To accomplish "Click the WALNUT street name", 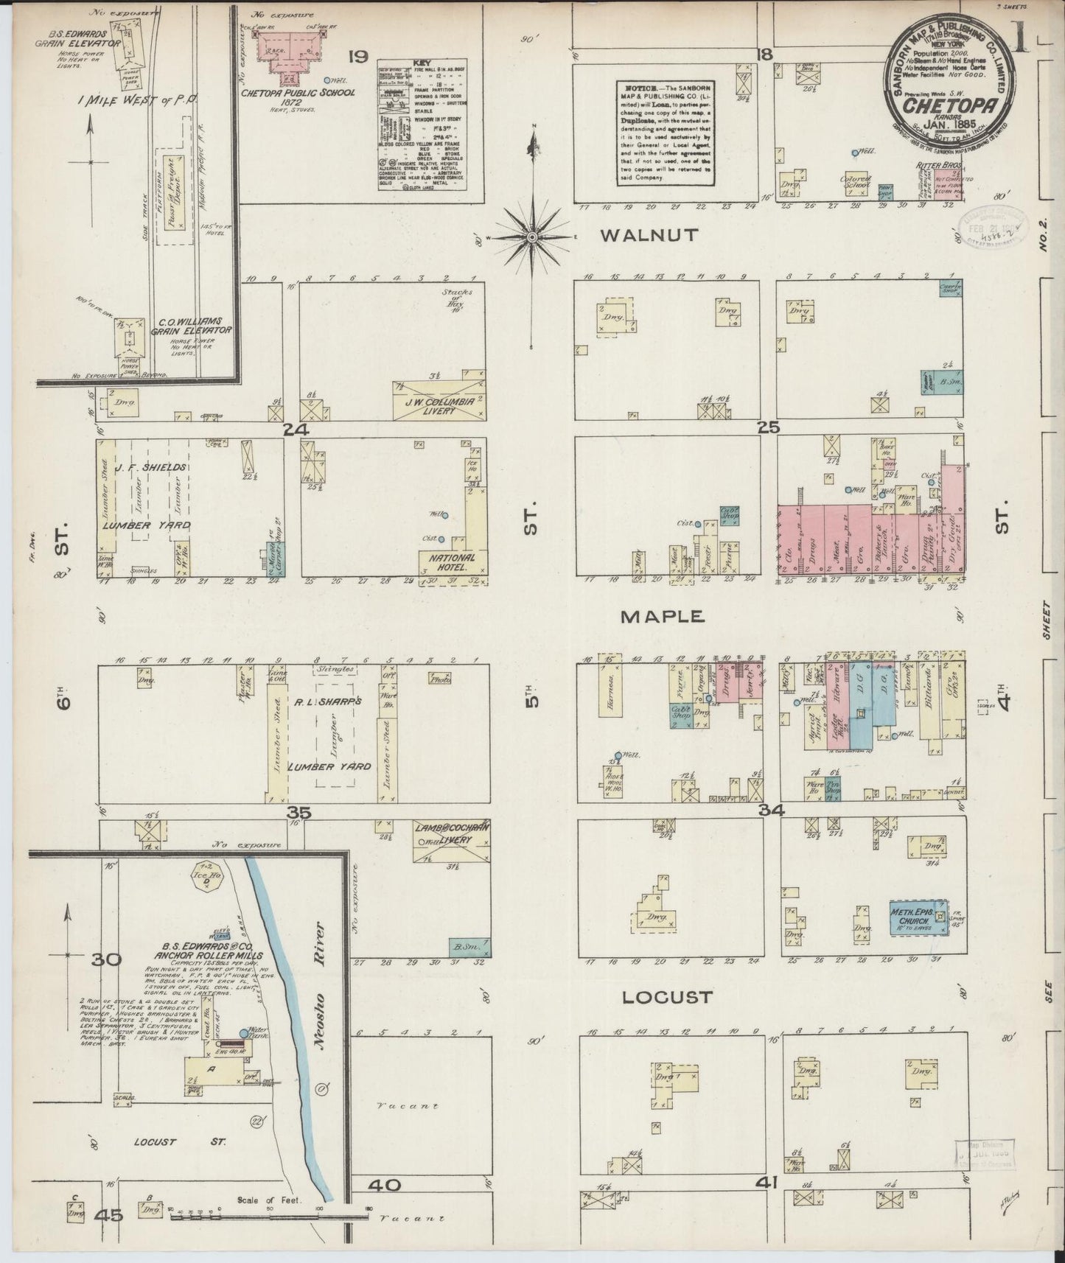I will [x=649, y=236].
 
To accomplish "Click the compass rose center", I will [x=531, y=237].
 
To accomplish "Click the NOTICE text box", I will [x=664, y=131].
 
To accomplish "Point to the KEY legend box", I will [x=422, y=125].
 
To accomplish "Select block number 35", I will [x=300, y=813].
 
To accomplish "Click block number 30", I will [x=106, y=959].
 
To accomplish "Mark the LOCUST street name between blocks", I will [x=668, y=997].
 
